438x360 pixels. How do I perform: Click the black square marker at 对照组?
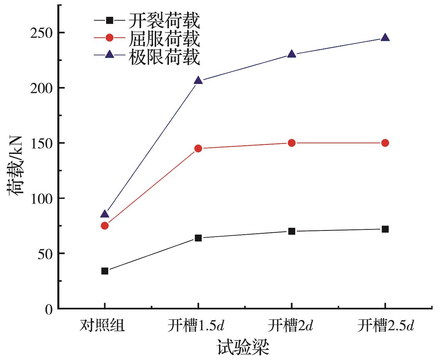[105, 271]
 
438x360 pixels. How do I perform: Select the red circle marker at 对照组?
[105, 226]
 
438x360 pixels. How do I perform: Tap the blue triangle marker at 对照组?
[105, 214]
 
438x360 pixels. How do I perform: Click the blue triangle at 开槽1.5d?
[198, 81]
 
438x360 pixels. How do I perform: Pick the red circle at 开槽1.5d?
[198, 148]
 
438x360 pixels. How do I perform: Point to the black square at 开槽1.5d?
[198, 238]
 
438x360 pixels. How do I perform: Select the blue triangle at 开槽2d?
[292, 54]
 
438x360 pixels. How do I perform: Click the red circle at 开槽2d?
[292, 143]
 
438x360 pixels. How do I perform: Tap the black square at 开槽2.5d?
[385, 229]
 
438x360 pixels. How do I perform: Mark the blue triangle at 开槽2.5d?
[385, 38]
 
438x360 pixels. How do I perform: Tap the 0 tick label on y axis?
[49, 309]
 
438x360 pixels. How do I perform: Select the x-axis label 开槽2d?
[291, 326]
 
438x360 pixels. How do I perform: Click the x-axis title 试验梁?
[243, 347]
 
